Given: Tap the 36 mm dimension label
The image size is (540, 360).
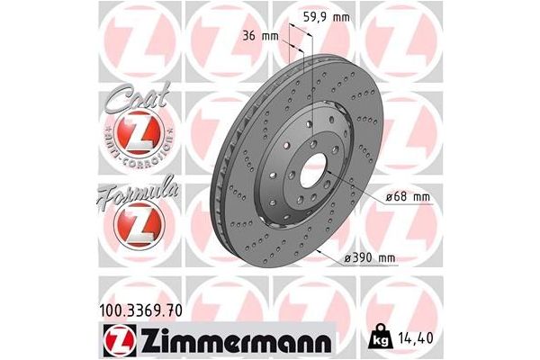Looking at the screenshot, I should click(261, 35).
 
